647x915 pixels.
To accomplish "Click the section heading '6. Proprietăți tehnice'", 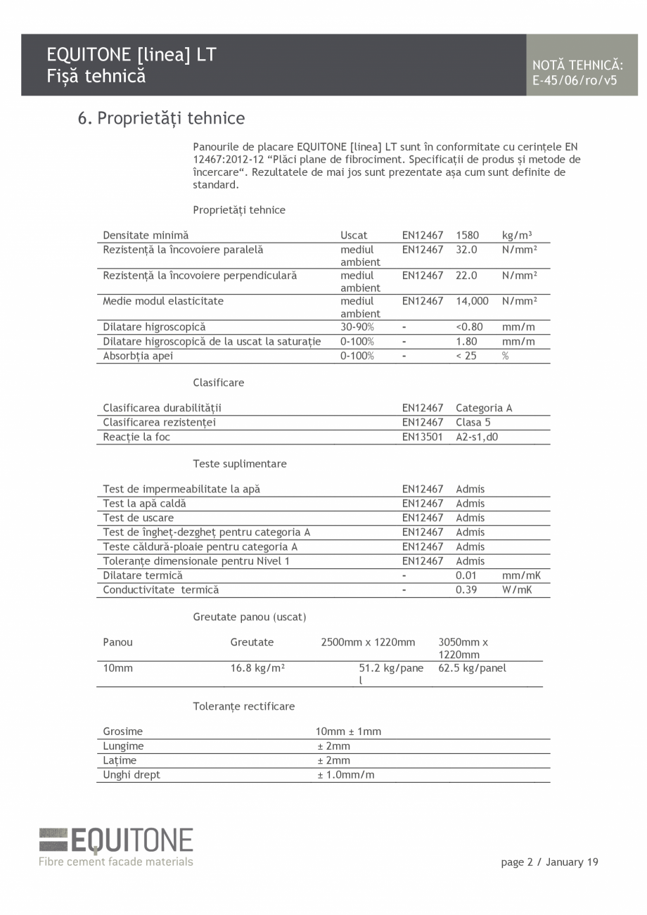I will tap(161, 118).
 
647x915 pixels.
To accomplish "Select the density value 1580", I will tap(467, 236).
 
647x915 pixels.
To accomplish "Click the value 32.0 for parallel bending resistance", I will tap(466, 250).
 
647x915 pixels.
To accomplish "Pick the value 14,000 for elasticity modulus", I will tap(471, 301).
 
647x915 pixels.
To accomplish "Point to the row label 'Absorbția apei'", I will tap(138, 356).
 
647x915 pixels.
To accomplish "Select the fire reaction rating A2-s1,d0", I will tap(477, 437).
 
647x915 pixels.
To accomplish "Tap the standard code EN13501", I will tap(423, 437).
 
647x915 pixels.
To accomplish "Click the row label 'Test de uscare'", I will tap(138, 518).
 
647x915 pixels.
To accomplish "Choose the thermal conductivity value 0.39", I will tap(466, 590).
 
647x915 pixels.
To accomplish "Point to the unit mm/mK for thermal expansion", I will tap(521, 575).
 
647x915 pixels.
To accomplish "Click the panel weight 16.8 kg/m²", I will tap(257, 668).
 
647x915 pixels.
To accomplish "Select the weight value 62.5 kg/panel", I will tap(472, 668).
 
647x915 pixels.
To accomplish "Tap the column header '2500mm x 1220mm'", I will tap(368, 642).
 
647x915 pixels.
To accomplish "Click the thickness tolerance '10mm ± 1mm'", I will tap(348, 731).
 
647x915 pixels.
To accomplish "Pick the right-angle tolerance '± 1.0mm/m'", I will tap(345, 775).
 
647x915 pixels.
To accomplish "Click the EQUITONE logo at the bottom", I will tap(116, 846).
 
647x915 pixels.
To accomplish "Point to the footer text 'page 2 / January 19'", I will tap(549, 862).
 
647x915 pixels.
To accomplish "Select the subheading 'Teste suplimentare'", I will tap(240, 464).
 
